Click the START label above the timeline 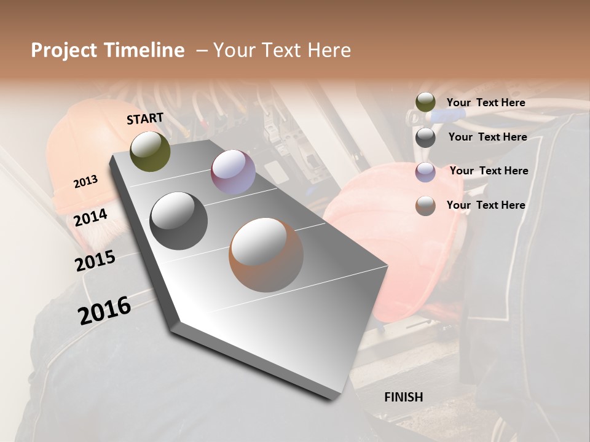(145, 118)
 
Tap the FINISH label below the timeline (403, 397)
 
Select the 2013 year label (85, 182)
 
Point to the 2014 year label (90, 218)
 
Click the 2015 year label (95, 261)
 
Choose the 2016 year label (104, 311)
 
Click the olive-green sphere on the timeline (150, 151)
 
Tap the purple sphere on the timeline (233, 172)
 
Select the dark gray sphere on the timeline (178, 221)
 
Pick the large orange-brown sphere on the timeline (266, 255)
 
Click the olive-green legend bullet (425, 103)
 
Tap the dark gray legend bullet (425, 138)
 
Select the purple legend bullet (425, 172)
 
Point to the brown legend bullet (425, 206)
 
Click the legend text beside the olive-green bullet (486, 103)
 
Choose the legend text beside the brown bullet (486, 205)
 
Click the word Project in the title (65, 50)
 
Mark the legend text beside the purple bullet (489, 171)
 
